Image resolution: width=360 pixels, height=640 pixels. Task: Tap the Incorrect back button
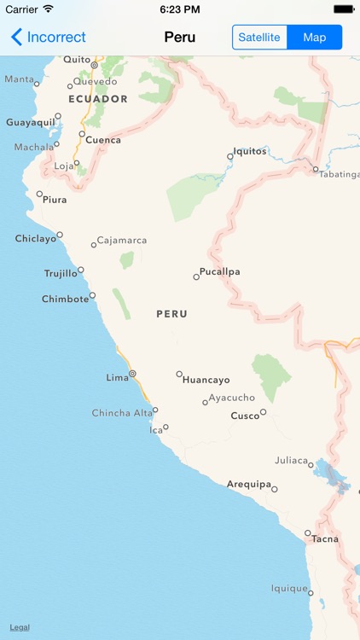coord(49,38)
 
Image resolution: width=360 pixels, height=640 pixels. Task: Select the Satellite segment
coord(259,38)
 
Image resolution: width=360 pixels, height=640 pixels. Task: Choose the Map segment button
coord(315,38)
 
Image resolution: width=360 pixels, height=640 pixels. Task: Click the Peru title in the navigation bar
coord(179,38)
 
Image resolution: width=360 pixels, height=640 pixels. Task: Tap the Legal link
coord(20,627)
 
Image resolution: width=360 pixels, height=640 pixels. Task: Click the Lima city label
coord(116,377)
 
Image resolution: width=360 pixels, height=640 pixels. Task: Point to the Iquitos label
coord(251,151)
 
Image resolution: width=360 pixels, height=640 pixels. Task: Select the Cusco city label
coord(245,416)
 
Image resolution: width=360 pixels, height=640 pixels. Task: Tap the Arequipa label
coord(248,485)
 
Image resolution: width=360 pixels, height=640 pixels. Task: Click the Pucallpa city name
coord(219,272)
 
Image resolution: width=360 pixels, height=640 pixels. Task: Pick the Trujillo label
coord(61,274)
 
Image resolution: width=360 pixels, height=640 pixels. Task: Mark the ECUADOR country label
coord(98,99)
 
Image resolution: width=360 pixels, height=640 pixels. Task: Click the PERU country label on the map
coord(171,314)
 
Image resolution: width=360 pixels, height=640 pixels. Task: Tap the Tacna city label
coord(324,538)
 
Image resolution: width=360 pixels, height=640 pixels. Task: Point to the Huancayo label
coord(206,380)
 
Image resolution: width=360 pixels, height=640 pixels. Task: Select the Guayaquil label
coord(31,123)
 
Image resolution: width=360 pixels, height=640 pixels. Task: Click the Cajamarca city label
coord(122,241)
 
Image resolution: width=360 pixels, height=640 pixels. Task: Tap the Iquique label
coord(289,589)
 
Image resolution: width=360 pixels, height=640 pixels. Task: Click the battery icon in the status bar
coord(343,9)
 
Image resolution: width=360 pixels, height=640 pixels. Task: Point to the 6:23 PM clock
coord(179,9)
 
